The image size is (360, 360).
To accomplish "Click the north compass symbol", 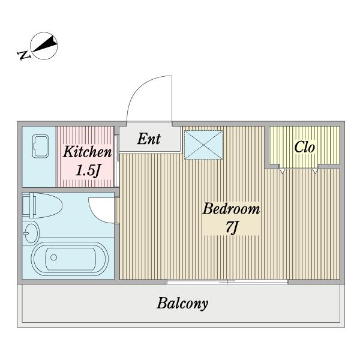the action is [x=44, y=46].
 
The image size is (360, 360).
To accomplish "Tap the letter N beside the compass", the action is [x=24, y=55].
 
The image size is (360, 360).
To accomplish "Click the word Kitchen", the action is [x=88, y=152].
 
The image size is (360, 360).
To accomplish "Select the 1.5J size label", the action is [x=88, y=170].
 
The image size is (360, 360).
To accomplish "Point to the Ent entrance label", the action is [x=149, y=139].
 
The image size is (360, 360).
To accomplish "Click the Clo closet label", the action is [x=304, y=147].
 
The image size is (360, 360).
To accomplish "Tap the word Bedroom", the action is [x=231, y=209].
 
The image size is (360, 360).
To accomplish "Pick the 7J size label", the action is [x=232, y=227].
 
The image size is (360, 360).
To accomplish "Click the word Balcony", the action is [x=182, y=304].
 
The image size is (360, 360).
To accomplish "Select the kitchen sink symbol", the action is [x=40, y=146].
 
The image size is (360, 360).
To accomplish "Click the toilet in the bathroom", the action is [x=43, y=205].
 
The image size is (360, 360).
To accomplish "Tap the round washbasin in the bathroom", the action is [x=31, y=233].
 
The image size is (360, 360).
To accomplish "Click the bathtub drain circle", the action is [x=54, y=257].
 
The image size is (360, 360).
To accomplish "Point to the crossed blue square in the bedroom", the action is [x=203, y=145].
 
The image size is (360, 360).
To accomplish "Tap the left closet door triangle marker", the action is [x=283, y=171].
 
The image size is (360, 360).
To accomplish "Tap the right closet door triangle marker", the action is [x=316, y=171].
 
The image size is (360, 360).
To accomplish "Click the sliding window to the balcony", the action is [x=227, y=282].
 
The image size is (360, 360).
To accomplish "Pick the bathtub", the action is [x=70, y=259].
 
